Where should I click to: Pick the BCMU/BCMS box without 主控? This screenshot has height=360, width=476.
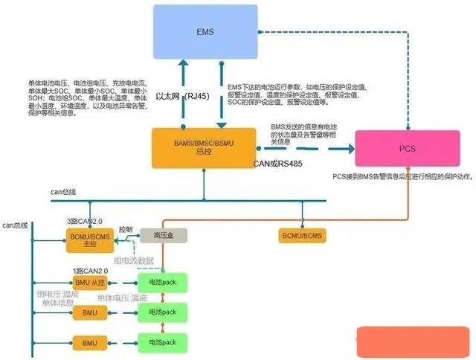(302, 236)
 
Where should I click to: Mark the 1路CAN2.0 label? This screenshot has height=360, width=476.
(90, 270)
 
